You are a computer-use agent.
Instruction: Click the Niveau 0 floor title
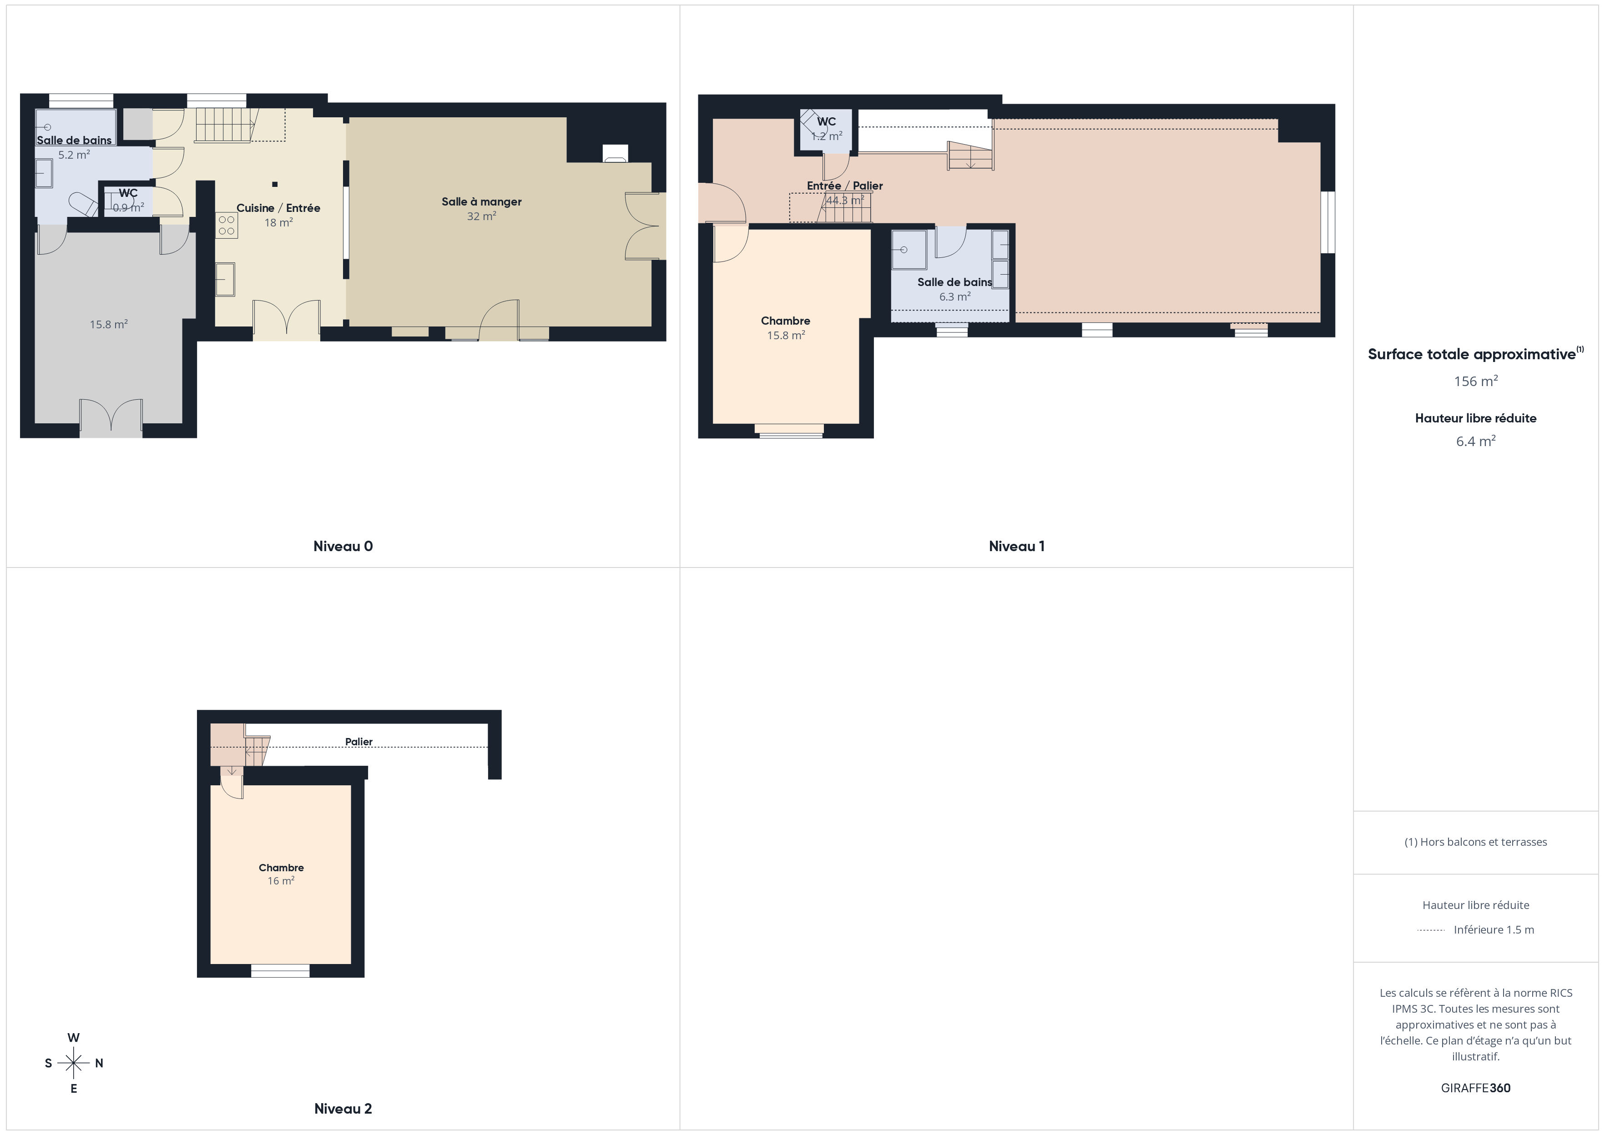343,547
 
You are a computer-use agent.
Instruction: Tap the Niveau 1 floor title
1016,547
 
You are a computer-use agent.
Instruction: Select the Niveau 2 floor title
343,1109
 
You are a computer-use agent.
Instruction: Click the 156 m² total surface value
1476,381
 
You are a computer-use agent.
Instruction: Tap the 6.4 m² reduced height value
1476,441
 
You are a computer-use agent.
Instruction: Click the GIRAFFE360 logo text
1476,1088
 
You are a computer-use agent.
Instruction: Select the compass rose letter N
99,1063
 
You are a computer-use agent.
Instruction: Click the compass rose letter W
73,1038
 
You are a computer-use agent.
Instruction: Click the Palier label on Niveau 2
358,742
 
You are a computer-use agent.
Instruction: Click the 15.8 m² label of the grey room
108,324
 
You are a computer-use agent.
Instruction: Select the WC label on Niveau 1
826,121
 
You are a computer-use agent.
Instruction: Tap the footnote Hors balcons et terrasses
1476,842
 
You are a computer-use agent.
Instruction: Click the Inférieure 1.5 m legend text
1494,929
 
